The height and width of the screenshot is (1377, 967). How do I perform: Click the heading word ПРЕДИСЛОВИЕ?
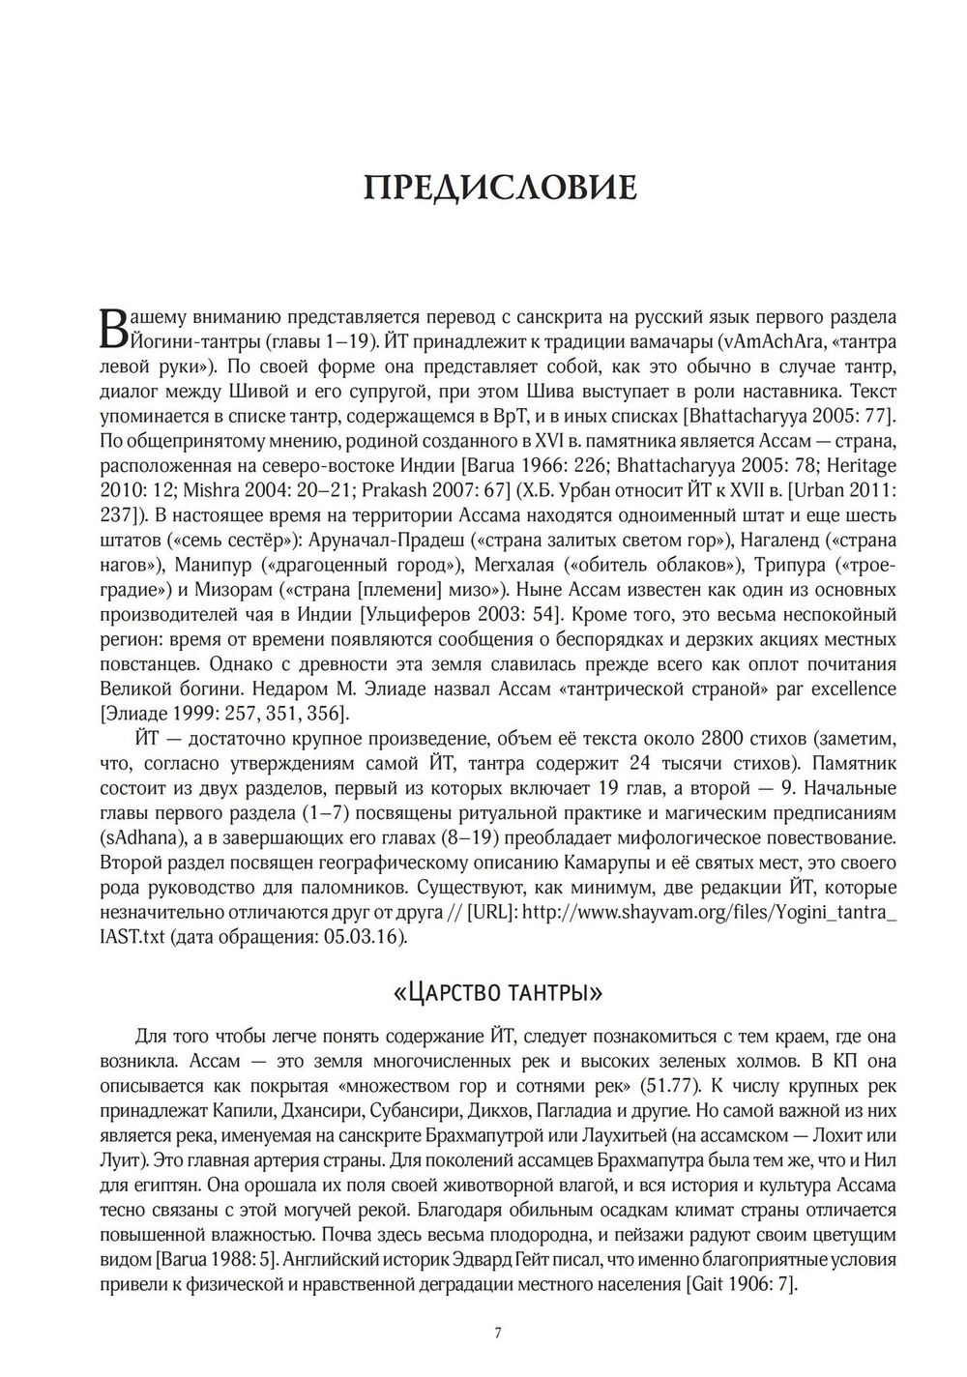tap(500, 188)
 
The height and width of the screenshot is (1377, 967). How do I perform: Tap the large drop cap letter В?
tap(114, 329)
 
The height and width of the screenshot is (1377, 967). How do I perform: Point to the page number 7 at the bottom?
tap(497, 1333)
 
